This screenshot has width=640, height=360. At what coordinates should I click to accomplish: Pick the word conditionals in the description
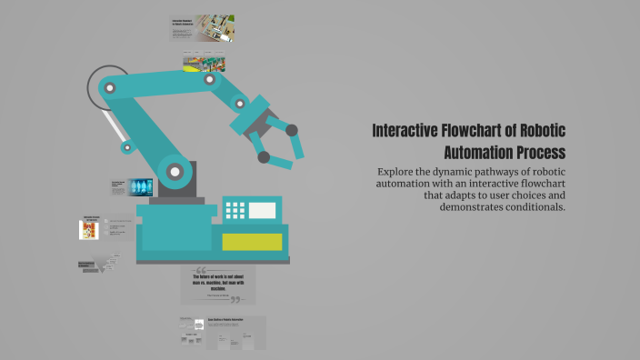[x=527, y=206]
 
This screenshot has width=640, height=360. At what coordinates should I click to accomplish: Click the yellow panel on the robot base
[x=252, y=241]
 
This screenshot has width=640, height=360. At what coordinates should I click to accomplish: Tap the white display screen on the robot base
[x=262, y=210]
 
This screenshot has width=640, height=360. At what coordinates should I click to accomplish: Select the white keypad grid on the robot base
[x=235, y=210]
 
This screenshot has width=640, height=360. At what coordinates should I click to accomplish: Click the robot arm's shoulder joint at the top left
[x=110, y=88]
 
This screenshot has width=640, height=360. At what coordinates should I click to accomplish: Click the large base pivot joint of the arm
[x=173, y=170]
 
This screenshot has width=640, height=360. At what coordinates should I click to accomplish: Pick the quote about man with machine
[x=218, y=284]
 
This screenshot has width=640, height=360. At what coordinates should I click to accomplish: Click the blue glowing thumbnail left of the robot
[x=140, y=186]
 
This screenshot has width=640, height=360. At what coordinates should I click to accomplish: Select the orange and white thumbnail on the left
[x=89, y=229]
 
